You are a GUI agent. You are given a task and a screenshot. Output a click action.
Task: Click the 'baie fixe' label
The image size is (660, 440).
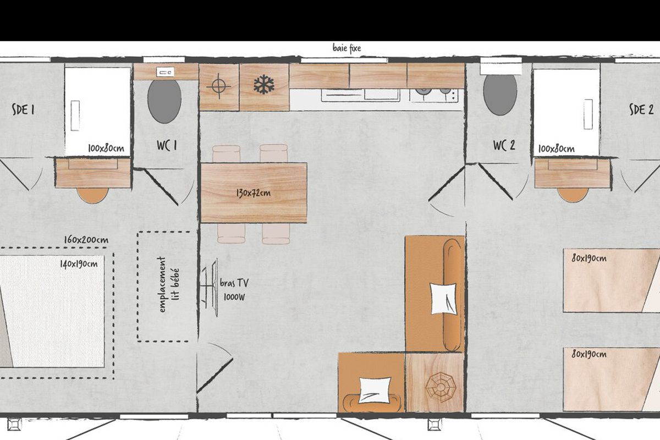point(347,48)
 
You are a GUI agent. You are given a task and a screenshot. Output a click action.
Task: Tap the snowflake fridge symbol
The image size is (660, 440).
point(264,85)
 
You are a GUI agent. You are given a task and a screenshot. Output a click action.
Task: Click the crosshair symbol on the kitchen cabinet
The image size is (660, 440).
point(219,86)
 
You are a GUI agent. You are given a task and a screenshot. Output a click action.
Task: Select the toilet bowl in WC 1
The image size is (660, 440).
point(164,101)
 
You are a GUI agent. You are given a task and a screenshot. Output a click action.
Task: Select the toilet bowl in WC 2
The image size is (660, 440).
point(500,95)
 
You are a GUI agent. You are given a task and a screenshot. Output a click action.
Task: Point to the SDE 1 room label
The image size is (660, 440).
point(23,109)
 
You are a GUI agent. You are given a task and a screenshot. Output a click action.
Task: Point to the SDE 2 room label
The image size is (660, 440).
point(641,109)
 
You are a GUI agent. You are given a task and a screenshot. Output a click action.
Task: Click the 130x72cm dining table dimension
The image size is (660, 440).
point(254,194)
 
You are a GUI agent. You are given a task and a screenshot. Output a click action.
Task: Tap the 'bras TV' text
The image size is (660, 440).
point(234,283)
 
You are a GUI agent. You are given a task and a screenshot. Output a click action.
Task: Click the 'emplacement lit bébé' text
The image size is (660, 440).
point(169,284)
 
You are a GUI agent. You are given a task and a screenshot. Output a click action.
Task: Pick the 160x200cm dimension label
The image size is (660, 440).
point(86,240)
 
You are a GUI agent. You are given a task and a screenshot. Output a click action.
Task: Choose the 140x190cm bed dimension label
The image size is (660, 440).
point(79,264)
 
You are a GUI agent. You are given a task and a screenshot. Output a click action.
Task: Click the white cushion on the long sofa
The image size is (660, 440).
point(443,299)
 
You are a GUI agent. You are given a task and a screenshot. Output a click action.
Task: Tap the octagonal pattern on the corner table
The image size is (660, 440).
point(441,387)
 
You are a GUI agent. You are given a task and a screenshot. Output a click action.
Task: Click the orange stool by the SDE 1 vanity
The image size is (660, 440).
point(92,195)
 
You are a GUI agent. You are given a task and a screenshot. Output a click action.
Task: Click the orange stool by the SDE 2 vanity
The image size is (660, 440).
point(573,195)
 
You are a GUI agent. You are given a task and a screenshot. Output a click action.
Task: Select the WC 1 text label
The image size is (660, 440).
point(167,145)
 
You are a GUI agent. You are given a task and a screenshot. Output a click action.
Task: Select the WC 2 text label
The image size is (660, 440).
point(504,145)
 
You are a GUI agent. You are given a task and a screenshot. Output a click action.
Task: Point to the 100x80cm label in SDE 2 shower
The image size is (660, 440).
point(556,149)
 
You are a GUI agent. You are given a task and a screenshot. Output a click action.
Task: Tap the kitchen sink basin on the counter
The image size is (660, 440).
point(382,94)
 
